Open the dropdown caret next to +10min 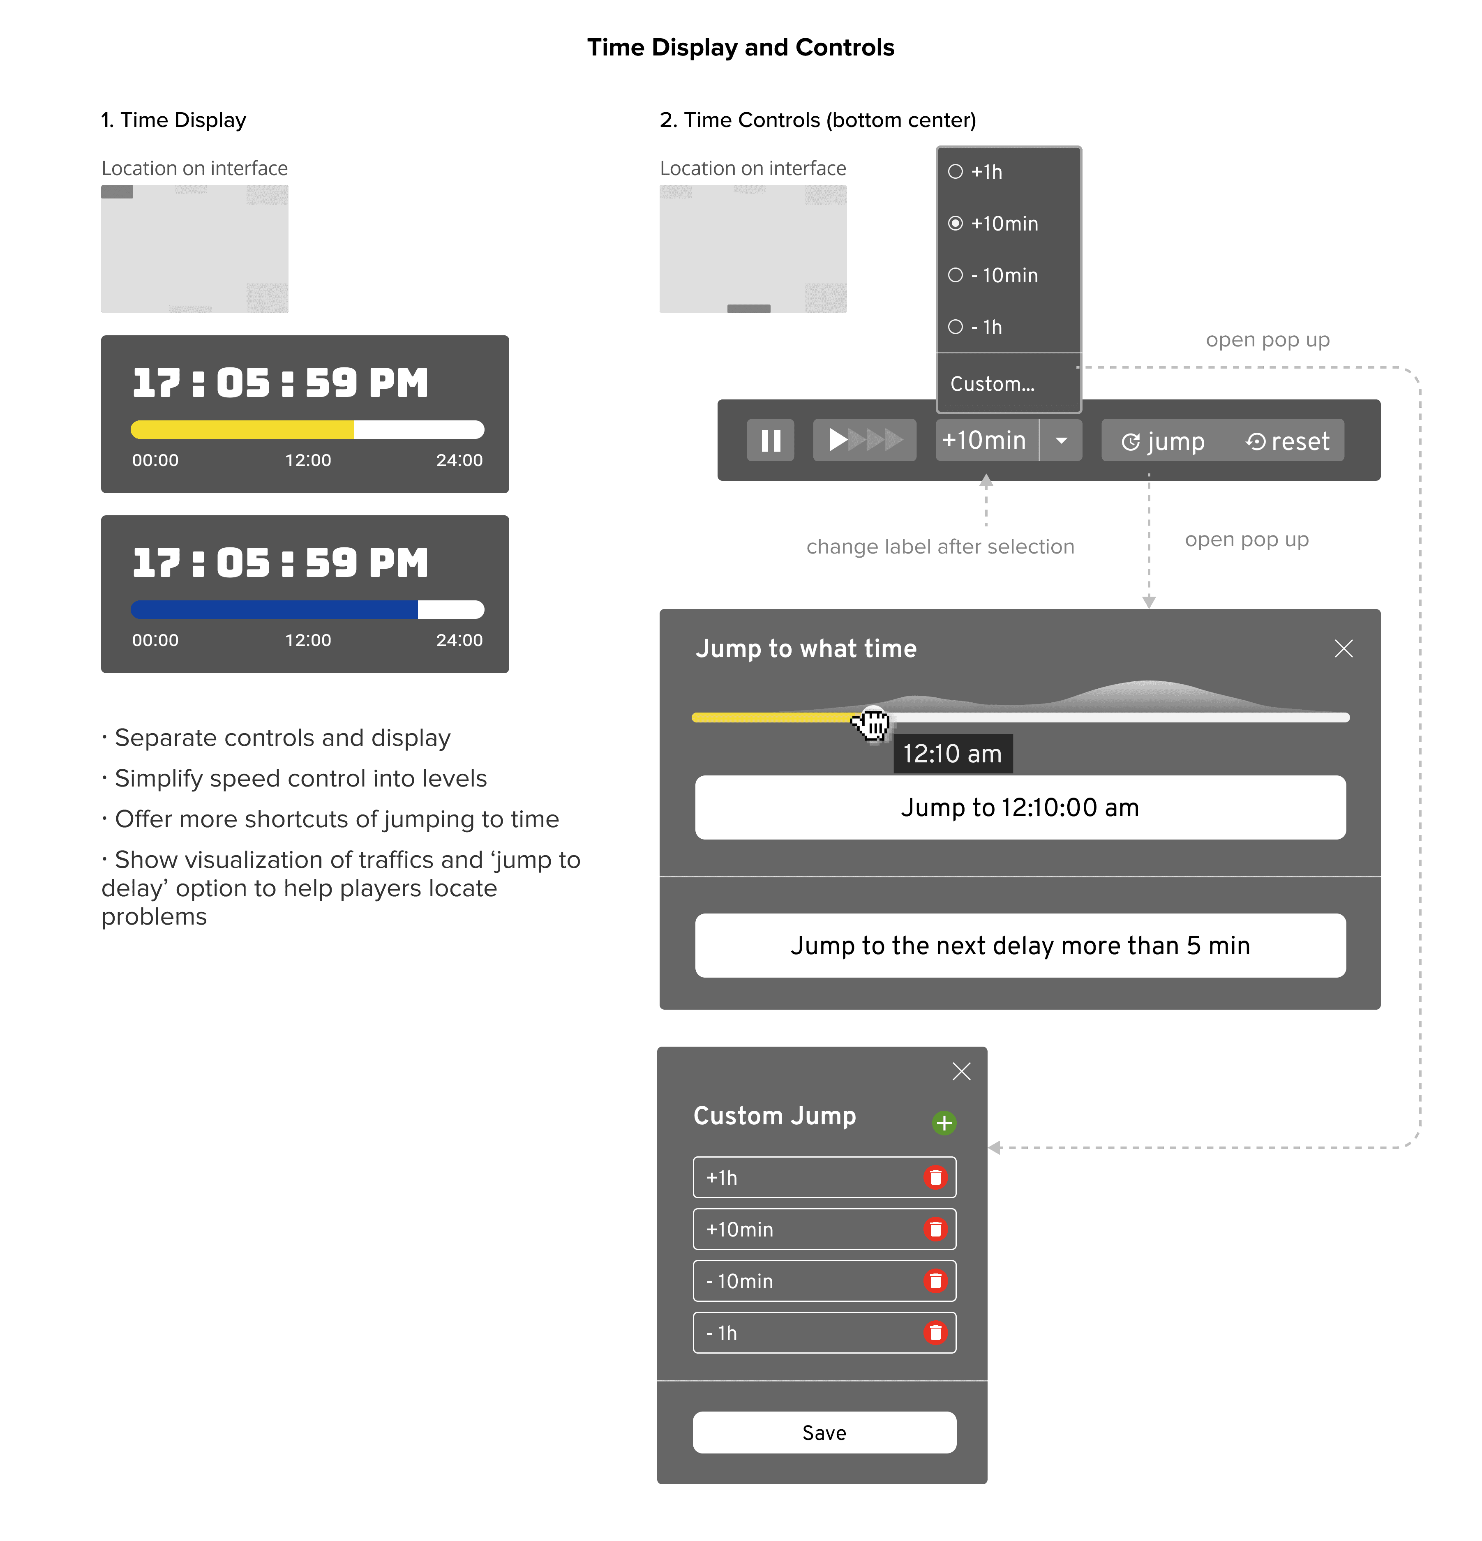pos(1062,440)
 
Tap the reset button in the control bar pos(1288,441)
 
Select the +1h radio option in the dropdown pos(956,171)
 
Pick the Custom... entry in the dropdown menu pos(992,384)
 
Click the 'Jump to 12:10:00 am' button pos(1020,807)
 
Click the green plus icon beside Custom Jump pos(944,1123)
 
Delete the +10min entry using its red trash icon pos(935,1229)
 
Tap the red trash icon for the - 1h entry pos(935,1333)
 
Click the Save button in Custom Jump pos(824,1433)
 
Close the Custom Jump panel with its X pos(961,1071)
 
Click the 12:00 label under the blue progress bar pos(307,640)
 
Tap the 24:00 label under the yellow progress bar pos(459,460)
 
